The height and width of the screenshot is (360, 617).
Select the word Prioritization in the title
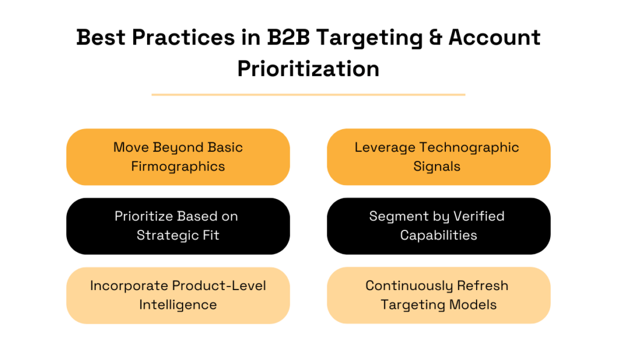click(x=308, y=68)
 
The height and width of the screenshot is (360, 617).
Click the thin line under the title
click(x=308, y=95)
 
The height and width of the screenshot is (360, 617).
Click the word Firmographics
click(x=178, y=166)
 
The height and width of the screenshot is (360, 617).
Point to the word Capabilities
click(x=439, y=235)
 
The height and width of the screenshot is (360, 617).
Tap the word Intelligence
click(x=178, y=305)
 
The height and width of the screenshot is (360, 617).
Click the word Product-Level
click(x=219, y=285)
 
